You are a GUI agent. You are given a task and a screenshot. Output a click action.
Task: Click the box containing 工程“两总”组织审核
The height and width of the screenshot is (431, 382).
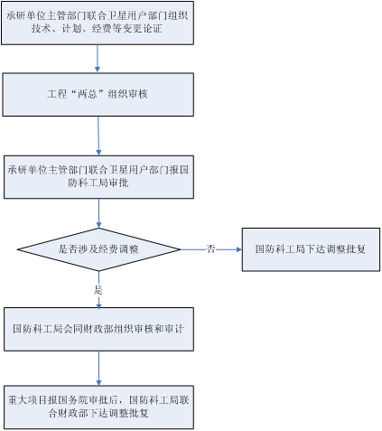(98, 94)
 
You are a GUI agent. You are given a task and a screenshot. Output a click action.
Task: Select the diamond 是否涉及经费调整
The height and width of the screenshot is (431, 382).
(98, 249)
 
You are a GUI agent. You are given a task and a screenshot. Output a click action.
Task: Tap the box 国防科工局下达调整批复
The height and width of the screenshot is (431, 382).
(311, 249)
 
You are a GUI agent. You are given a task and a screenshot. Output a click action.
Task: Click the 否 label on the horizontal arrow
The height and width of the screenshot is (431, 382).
(210, 249)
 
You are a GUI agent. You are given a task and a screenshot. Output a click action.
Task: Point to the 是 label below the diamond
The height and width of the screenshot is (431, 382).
(98, 290)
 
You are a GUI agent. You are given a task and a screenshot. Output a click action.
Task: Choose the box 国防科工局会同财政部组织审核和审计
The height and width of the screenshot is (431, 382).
(98, 329)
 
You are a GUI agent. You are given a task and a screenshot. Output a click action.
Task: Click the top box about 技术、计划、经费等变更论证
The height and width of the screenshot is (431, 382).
(98, 23)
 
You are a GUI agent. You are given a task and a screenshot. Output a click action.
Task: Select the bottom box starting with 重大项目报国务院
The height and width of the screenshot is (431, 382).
(98, 408)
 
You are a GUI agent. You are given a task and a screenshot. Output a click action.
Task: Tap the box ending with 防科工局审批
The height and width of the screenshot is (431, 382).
(98, 177)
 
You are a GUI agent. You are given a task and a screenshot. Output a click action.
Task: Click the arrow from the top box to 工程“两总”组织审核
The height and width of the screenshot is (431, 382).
(98, 59)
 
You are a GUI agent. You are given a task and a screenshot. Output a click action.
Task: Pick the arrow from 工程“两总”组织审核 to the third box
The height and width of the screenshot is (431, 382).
(98, 136)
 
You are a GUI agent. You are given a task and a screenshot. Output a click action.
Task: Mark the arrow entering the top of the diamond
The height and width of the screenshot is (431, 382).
(98, 213)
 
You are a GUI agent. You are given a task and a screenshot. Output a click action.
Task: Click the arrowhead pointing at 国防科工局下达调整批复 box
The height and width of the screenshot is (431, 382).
(239, 249)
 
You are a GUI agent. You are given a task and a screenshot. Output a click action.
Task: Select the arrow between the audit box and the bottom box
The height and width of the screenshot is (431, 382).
(98, 368)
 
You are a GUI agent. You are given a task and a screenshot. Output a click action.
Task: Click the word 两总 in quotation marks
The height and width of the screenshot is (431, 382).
(88, 94)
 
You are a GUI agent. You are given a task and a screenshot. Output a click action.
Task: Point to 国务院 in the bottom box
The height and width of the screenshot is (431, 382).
(73, 400)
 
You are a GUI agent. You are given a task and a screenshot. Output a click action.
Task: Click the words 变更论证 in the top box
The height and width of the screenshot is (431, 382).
(142, 28)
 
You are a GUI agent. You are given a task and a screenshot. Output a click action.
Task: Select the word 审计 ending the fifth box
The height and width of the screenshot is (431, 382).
(173, 329)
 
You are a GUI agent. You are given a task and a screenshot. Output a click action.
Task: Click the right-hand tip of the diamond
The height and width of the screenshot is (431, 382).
(181, 249)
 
